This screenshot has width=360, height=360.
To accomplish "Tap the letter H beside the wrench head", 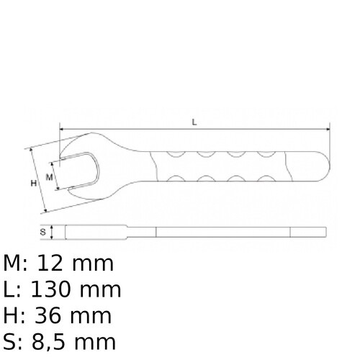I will tap(33, 184).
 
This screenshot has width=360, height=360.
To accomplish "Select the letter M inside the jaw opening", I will tap(49, 176).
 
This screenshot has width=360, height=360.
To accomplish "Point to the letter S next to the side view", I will tap(42, 232).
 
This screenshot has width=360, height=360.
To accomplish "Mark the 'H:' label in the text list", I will tap(14, 315).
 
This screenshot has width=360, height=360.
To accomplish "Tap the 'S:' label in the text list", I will tap(12, 341).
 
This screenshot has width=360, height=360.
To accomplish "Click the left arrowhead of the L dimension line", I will tap(63, 130).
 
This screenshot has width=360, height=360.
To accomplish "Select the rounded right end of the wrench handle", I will tap(324, 168).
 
